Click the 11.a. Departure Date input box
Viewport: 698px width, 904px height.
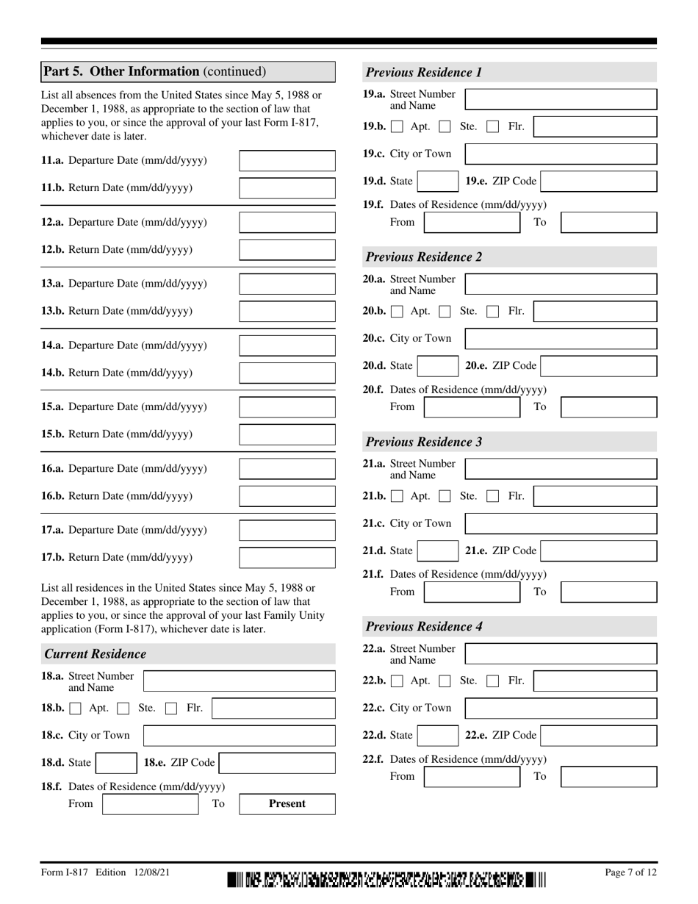click(287, 160)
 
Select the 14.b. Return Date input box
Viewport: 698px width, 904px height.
click(287, 373)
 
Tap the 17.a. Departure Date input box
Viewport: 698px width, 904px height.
click(287, 530)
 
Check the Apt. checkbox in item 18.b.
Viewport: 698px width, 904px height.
click(76, 709)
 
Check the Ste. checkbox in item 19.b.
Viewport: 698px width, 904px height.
click(445, 126)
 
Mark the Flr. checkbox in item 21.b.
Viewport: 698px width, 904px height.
click(494, 496)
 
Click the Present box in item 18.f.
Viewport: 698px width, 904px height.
click(287, 803)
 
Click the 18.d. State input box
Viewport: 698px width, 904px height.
click(115, 763)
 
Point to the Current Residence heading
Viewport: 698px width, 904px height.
click(96, 654)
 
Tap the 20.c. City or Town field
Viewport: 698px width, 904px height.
click(561, 339)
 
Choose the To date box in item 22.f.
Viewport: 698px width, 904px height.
click(608, 776)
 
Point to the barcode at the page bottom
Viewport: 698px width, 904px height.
click(386, 878)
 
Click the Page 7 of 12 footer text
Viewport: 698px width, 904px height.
click(630, 872)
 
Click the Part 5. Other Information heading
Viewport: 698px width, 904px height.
click(154, 71)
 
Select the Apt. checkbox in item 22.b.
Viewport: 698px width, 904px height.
click(397, 681)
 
